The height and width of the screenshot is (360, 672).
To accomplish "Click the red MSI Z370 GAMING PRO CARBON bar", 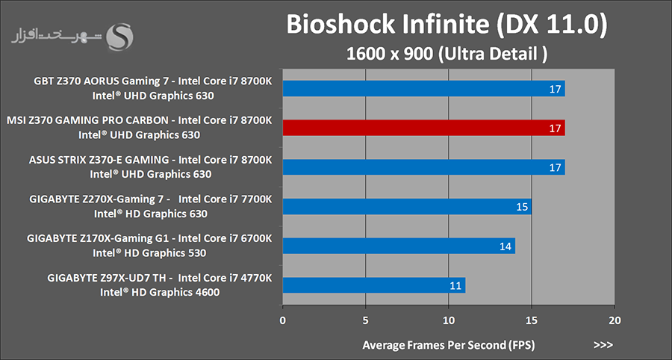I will [423, 128].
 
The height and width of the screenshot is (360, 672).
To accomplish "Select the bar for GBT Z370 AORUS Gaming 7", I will [423, 89].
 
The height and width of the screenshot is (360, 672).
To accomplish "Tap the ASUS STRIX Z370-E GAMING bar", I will [423, 167].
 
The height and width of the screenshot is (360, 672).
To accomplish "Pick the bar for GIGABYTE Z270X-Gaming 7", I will [407, 206].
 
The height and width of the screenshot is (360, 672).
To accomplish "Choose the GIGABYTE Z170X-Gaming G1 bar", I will [399, 246].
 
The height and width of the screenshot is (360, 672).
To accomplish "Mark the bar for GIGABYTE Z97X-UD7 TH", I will [374, 285].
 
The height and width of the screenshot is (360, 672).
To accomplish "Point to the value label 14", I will [505, 246].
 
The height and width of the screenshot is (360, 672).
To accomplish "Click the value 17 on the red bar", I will [555, 128].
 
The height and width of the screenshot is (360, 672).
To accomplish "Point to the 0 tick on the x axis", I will [283, 320].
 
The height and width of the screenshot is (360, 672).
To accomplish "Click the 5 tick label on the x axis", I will [366, 320].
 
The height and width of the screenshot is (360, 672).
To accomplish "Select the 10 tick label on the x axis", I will [448, 320].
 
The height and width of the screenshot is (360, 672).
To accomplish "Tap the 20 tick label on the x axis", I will [614, 320].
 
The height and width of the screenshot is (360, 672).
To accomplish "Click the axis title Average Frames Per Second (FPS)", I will [448, 345].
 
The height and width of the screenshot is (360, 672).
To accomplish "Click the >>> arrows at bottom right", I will [603, 345].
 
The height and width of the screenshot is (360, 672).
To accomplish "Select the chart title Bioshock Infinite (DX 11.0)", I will [447, 25].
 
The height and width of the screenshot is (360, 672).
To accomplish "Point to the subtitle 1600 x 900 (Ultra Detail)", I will [447, 54].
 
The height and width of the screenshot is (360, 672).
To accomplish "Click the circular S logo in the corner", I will [120, 36].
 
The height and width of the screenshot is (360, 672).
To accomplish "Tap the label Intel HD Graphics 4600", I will [160, 292].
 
